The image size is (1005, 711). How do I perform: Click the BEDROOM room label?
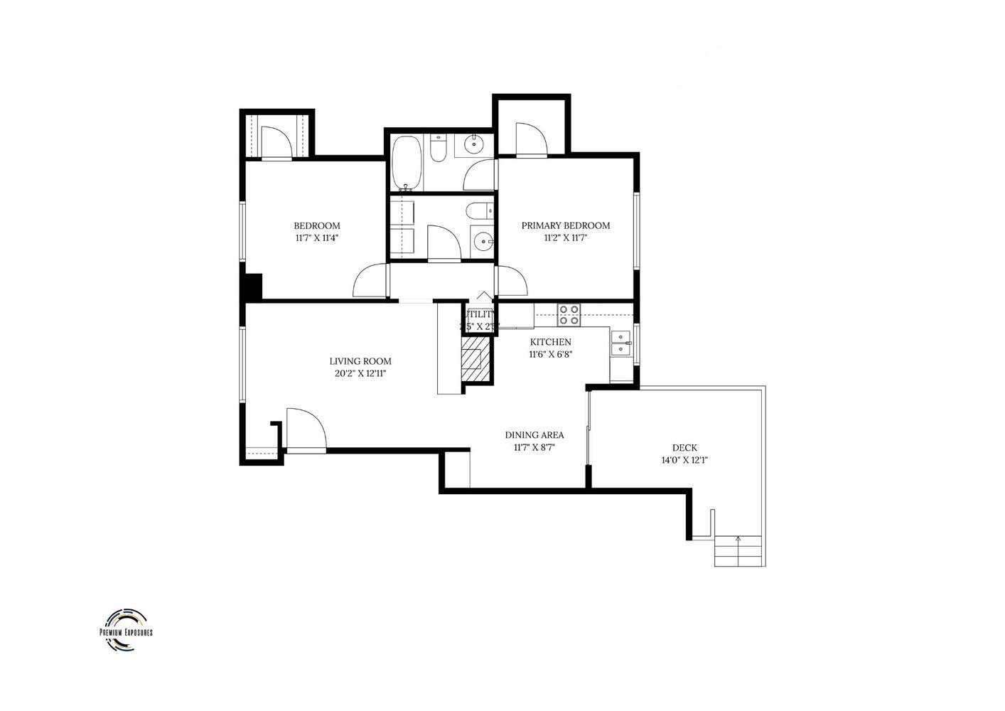(317, 226)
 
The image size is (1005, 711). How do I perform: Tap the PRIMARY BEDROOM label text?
(565, 226)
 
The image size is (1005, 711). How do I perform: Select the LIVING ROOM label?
(360, 361)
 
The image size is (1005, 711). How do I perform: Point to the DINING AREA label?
(534, 435)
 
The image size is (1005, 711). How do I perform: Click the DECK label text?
(684, 448)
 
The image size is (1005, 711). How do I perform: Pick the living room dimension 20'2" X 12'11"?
(360, 373)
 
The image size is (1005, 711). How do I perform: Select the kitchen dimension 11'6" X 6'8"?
(549, 354)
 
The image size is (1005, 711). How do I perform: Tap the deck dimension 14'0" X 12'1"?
(684, 460)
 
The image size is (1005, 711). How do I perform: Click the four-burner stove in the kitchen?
(569, 314)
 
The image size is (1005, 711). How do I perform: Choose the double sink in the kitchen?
(620, 343)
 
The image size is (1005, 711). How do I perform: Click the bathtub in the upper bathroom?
(407, 161)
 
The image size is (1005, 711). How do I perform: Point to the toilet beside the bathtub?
(438, 150)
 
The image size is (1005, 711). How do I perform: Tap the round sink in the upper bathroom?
(473, 145)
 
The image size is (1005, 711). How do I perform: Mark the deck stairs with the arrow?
(738, 551)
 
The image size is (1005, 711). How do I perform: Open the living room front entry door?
(306, 430)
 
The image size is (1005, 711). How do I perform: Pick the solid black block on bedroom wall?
(253, 287)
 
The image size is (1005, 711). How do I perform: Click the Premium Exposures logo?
(126, 630)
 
